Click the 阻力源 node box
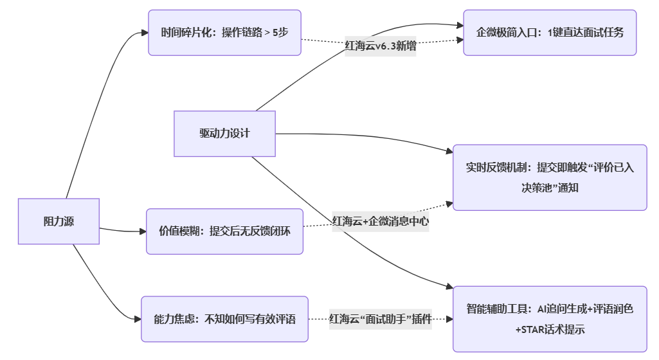pos(59,221)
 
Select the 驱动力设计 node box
pos(224,134)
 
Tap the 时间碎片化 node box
pos(224,33)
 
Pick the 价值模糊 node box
pos(224,231)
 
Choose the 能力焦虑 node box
pos(224,319)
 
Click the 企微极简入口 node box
pos(550,33)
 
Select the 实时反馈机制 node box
pos(550,177)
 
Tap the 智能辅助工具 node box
pos(550,319)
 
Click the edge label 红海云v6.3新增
pos(381,46)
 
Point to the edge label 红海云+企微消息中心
pos(381,222)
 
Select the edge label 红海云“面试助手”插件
pos(381,319)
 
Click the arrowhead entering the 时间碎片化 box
pos(145,33)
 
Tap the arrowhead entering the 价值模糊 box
pos(143,231)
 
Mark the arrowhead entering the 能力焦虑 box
pos(138,319)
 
